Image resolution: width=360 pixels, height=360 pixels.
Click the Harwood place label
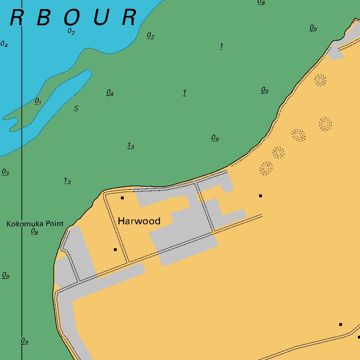pos(139,221)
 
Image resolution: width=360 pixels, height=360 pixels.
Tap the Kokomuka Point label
pos(35,224)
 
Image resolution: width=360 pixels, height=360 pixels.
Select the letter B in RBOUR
pos(44,18)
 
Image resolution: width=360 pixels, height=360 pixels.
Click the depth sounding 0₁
pos(38,102)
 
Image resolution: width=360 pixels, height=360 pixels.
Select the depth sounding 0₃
pos(5,172)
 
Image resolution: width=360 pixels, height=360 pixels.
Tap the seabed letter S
pos(76,109)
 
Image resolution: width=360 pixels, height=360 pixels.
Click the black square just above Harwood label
pos(122,198)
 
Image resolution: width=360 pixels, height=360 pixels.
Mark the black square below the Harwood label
pos(115,250)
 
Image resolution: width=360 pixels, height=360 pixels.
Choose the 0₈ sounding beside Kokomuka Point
pos(34,231)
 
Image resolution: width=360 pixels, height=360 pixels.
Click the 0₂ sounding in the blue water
pos(71,31)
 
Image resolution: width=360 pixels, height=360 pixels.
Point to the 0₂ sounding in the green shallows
pos(150,36)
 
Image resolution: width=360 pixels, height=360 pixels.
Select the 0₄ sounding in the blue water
pos(4,44)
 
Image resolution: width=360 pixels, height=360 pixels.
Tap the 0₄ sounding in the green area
pos(110,92)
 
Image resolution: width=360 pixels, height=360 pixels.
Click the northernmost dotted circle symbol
pos(320,80)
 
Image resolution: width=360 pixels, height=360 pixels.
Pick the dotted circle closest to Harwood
pos(266,168)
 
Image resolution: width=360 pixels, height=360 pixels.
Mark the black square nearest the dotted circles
pos(261,196)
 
